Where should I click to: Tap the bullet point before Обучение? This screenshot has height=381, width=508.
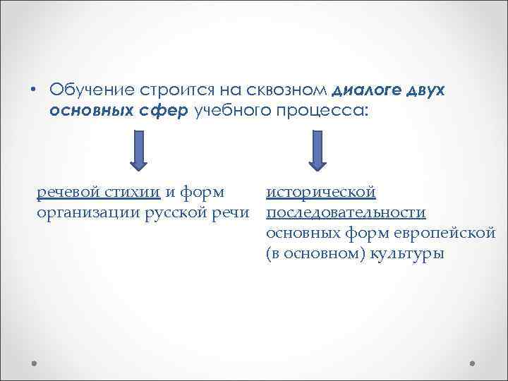coord(32,90)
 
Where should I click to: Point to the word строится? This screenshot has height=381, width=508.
coord(171,90)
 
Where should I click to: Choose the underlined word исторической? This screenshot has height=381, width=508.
coord(321,192)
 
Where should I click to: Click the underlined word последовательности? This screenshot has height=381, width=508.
coord(346,212)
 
